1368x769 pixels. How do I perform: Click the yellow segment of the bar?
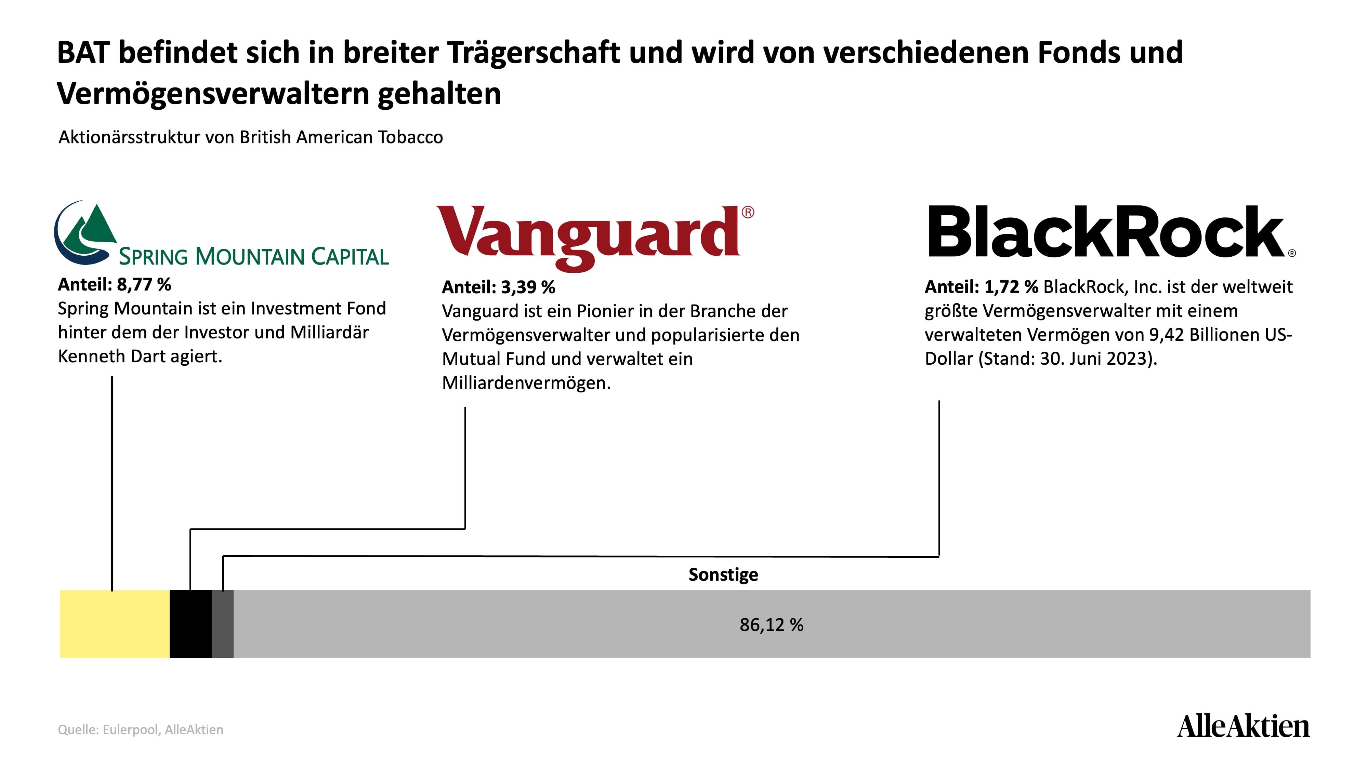coord(115,624)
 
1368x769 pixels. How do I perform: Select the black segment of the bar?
coord(190,624)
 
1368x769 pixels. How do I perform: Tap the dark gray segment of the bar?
coord(223,624)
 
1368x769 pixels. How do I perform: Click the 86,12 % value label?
coord(771,625)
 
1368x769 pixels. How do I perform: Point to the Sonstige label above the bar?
coord(723,574)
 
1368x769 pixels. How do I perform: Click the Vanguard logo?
coord(595,238)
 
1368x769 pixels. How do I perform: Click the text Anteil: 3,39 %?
coord(498,287)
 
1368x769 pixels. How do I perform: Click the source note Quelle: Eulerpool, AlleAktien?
coord(140,730)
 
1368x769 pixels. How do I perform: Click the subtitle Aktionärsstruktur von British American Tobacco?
coord(251,137)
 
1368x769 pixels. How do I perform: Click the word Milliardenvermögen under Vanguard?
coord(526,383)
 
